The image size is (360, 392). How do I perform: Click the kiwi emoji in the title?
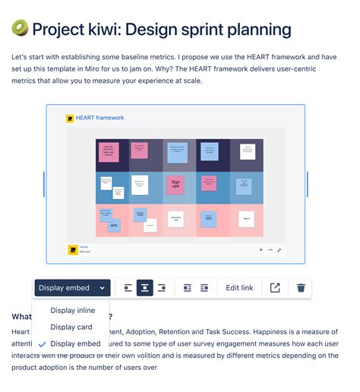click(20, 30)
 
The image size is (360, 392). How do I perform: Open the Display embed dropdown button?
click(72, 288)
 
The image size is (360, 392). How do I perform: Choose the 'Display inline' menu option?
click(72, 310)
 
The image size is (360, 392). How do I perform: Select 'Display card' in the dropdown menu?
click(71, 327)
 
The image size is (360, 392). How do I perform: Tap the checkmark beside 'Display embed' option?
click(41, 344)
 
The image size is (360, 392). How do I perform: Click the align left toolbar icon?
click(128, 288)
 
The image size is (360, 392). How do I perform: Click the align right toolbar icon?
click(161, 288)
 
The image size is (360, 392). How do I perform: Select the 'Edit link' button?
click(239, 288)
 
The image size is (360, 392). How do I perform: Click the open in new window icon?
click(275, 288)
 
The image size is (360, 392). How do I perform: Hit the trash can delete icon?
click(302, 288)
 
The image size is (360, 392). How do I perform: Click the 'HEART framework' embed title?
click(99, 118)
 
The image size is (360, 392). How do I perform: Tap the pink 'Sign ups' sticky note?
click(175, 184)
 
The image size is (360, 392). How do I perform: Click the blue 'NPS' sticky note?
click(114, 225)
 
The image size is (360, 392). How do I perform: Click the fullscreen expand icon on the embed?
click(279, 249)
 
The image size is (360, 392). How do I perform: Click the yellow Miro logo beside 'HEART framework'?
click(70, 119)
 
